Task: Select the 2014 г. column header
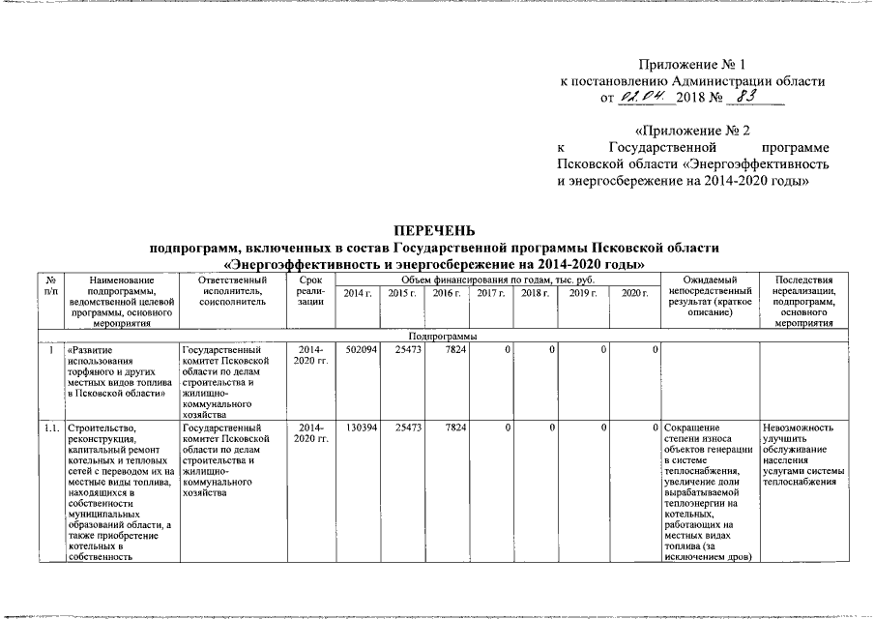pos(358,293)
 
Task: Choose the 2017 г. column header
pos(492,293)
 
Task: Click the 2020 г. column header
pos(633,293)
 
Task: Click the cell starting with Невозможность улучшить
pos(803,455)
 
